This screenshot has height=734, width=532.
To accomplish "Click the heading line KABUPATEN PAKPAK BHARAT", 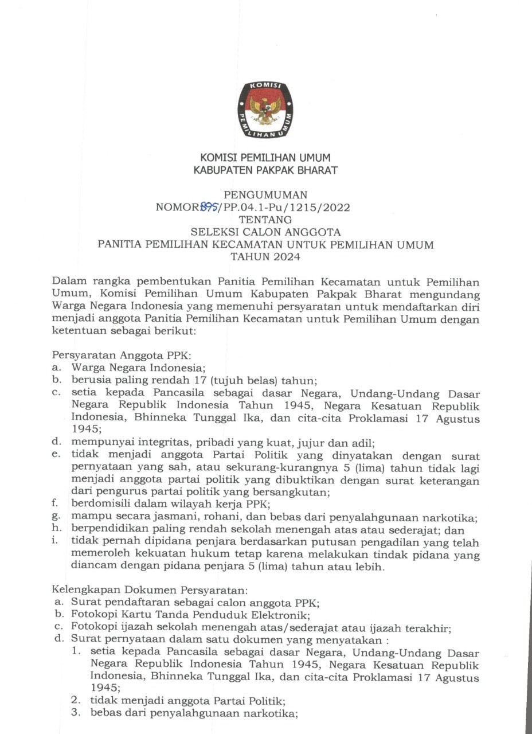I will pyautogui.click(x=265, y=170).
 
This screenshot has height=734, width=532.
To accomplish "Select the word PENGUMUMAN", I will pyautogui.click(x=265, y=195).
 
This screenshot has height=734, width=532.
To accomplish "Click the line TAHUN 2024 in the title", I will pyautogui.click(x=265, y=257).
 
